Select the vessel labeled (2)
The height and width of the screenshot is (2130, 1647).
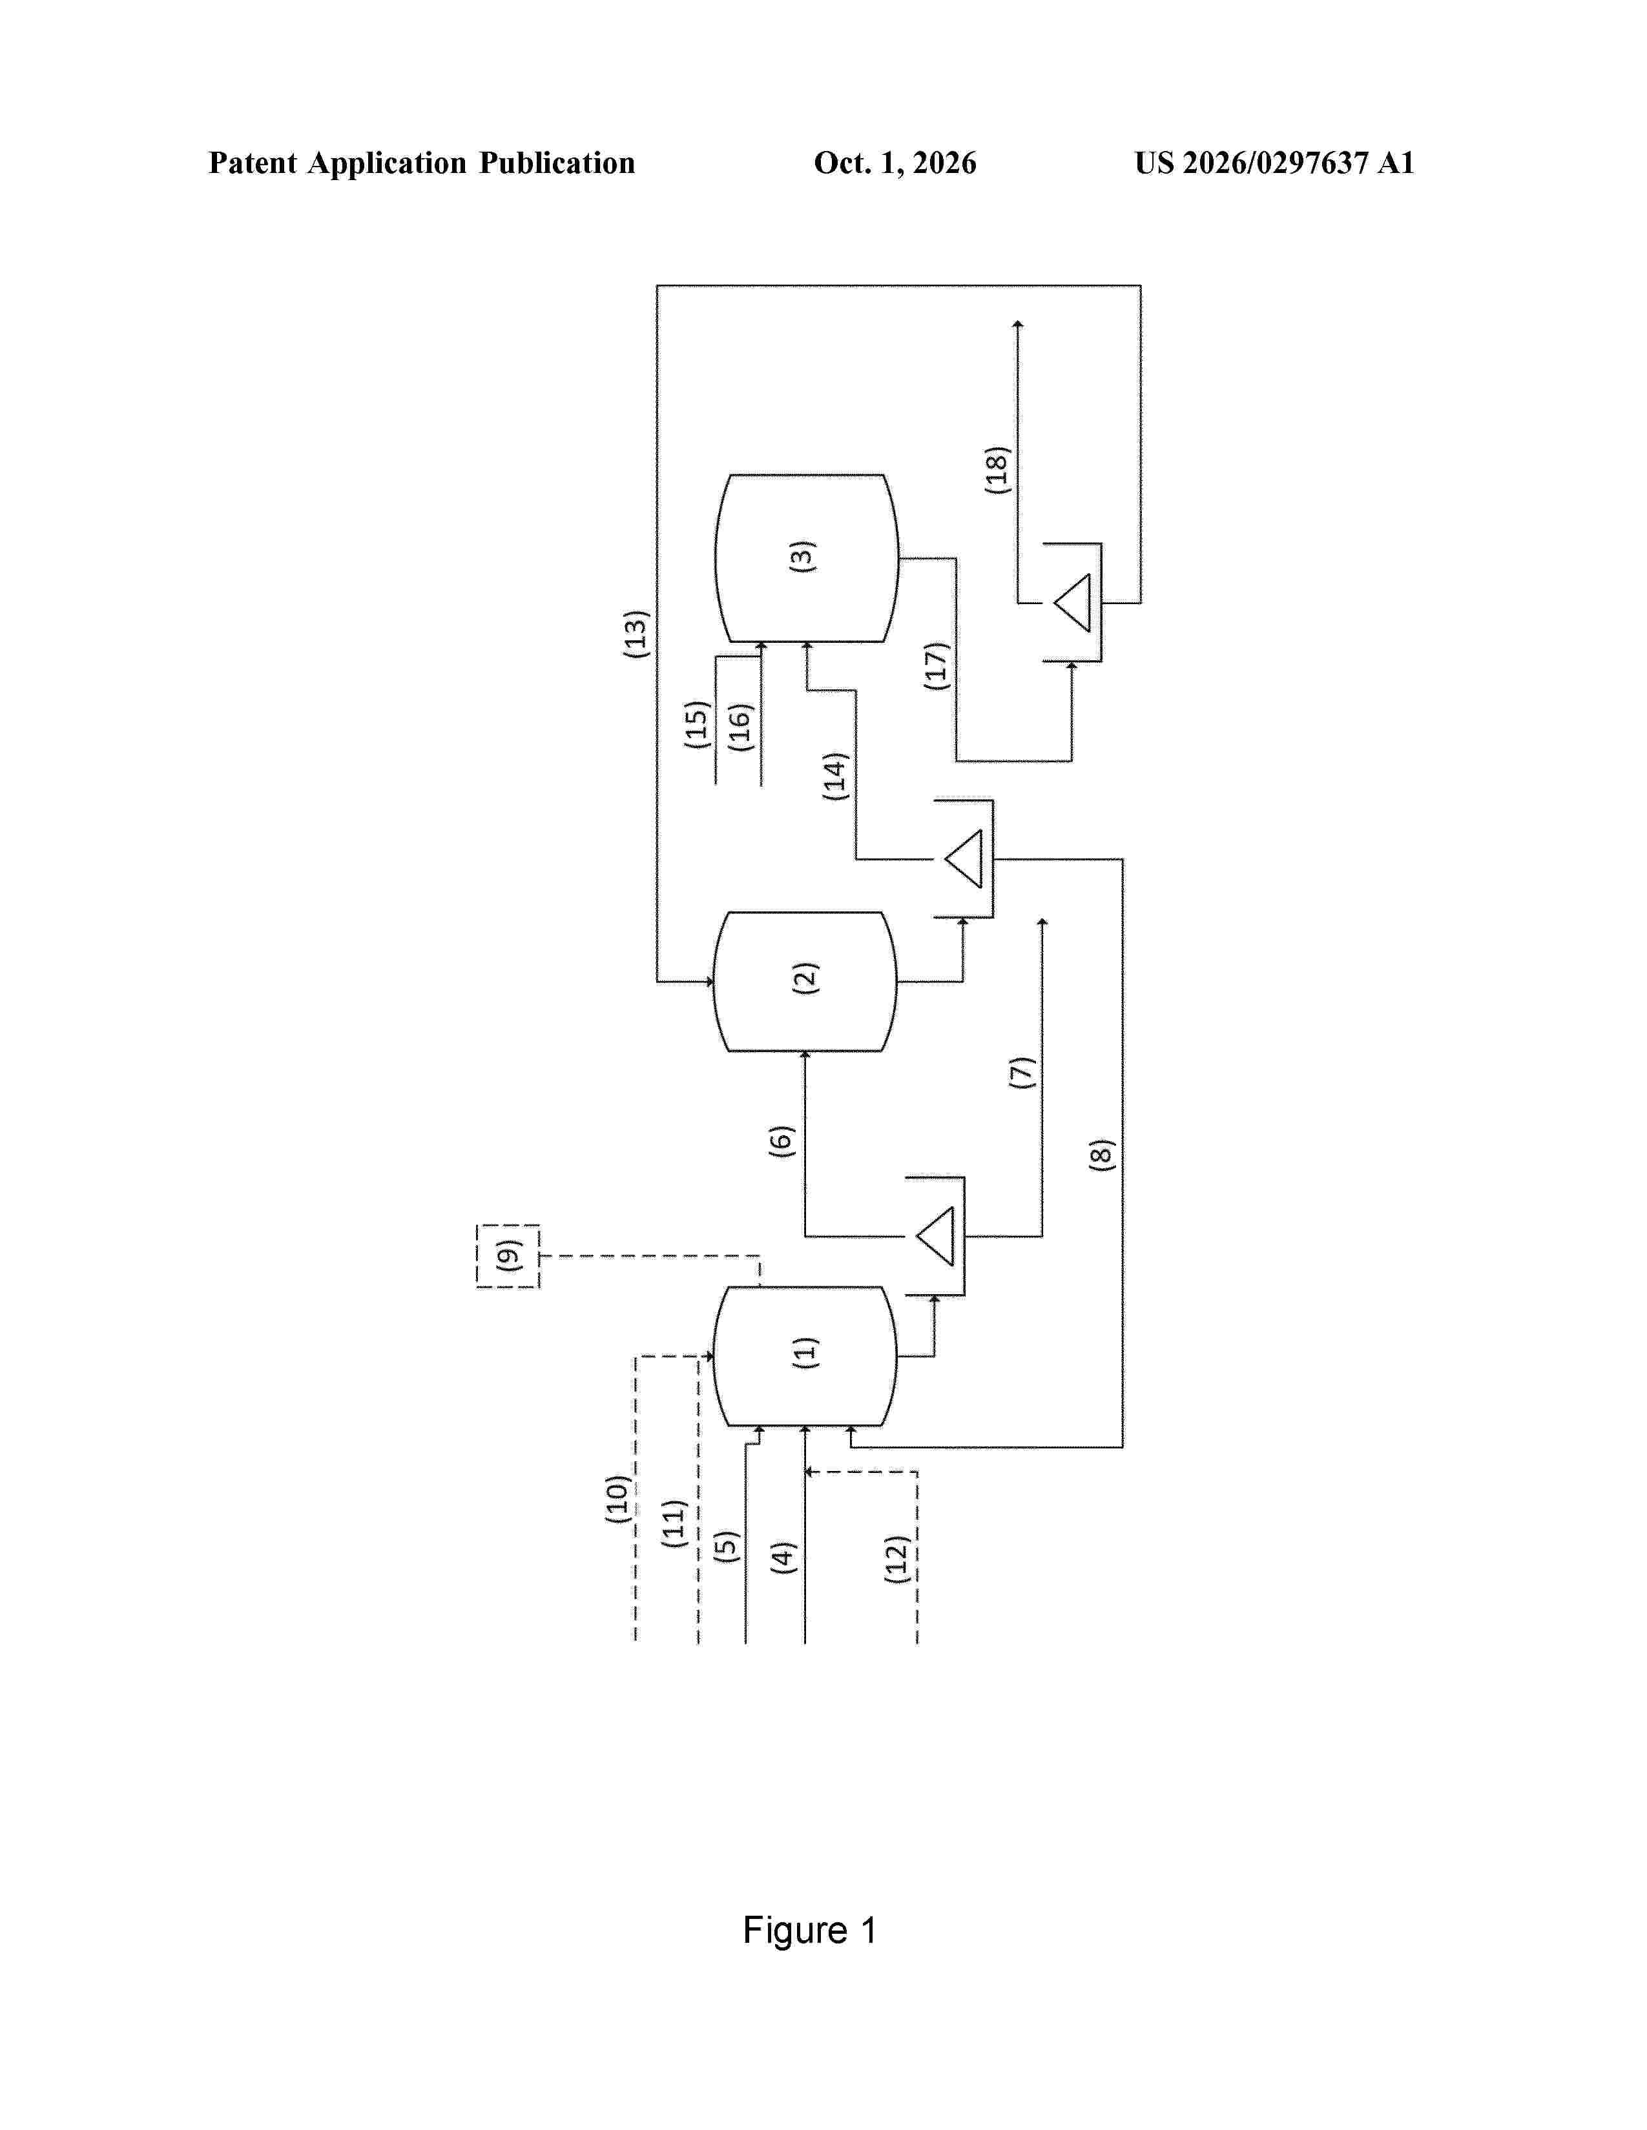805,981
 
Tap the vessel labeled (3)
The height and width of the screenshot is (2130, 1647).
807,558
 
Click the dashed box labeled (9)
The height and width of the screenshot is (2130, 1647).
508,1256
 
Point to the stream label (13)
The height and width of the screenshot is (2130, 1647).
636,634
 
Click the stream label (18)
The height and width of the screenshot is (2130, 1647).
997,470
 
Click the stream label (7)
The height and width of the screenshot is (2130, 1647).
1022,1073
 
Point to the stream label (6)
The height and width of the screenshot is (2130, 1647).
782,1141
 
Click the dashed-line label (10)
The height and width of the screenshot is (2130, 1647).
617,1499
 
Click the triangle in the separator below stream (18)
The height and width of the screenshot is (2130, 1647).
1072,603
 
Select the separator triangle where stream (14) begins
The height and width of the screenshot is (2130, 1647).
964,859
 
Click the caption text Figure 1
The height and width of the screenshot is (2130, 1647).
810,1930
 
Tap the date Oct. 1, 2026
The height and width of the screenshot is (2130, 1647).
895,163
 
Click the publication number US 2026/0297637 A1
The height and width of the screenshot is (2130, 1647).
1274,163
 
